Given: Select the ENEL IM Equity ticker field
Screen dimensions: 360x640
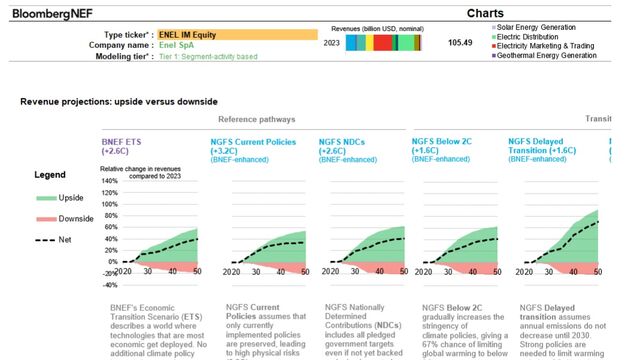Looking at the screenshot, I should [x=237, y=34].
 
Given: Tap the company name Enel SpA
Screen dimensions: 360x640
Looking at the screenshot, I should [x=178, y=45].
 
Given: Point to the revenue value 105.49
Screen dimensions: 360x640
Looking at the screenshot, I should [x=460, y=43].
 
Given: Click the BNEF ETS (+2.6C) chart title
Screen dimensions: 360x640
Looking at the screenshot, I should [x=129, y=147].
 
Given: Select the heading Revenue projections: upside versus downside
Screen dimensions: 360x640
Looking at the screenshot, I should [x=118, y=102].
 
